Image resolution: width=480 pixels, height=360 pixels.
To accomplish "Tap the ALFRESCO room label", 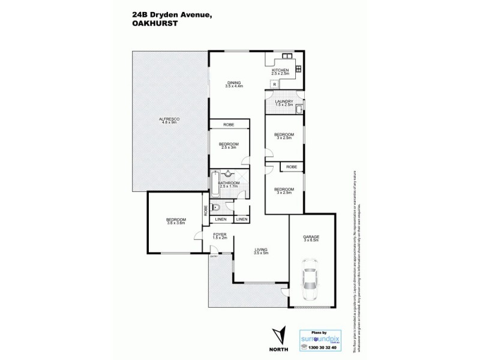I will point(170,121).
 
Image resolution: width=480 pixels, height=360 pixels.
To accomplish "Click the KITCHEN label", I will point(280,71).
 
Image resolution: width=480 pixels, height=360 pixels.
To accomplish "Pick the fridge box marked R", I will point(274,85).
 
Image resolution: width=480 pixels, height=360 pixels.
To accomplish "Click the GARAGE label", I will point(311,238).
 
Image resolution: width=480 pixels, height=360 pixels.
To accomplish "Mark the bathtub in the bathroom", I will point(214,185).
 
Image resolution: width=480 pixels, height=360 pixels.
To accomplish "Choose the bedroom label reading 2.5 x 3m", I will point(229,146).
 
